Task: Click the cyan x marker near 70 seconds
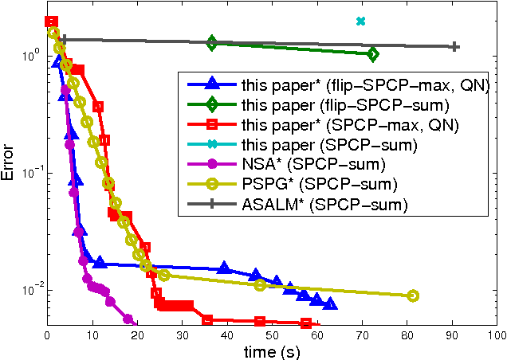360,21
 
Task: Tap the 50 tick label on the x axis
273,335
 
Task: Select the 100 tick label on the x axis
496,335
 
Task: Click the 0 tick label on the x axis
48,335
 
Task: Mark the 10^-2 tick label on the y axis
30,291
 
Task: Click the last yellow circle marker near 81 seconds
413,295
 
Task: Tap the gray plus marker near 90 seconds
454,47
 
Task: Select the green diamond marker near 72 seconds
373,54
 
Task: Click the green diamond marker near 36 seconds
211,43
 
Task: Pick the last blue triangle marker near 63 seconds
330,304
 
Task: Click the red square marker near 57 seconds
306,323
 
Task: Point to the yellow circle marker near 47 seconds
260,285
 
